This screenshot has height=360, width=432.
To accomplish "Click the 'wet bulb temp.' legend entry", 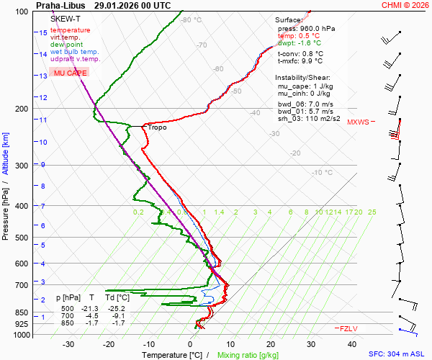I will pos(75,52).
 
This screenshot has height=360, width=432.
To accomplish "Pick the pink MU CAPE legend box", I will pos(70,73).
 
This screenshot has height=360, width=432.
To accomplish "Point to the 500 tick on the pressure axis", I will pos(21,238).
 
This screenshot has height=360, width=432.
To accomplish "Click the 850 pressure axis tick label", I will pos(21,312).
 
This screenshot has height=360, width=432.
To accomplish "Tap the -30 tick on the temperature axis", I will pos(69,344).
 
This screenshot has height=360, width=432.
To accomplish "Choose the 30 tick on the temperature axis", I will pos(310,344).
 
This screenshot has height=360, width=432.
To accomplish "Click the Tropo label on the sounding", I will pos(158,127).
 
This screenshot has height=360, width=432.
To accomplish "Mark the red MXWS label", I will pos(358,122).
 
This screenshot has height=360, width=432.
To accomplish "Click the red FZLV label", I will pos(348,328).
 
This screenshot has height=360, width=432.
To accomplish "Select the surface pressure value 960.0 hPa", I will pos(318,29).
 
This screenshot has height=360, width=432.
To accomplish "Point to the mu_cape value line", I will pos(304,86).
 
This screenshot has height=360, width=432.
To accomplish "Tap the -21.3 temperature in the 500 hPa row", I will pos(91,308).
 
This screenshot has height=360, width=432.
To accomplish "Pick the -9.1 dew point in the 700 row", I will pos(119,316).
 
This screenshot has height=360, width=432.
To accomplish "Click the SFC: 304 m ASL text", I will pos(397,354).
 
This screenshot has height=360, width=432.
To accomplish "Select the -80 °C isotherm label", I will pos(192,20).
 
